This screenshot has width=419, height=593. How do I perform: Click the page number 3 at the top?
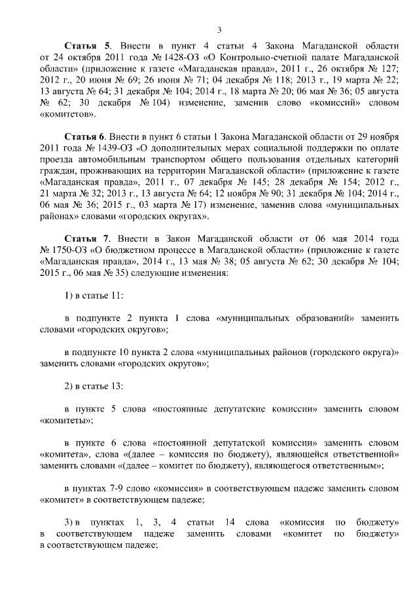pos(219,29)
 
